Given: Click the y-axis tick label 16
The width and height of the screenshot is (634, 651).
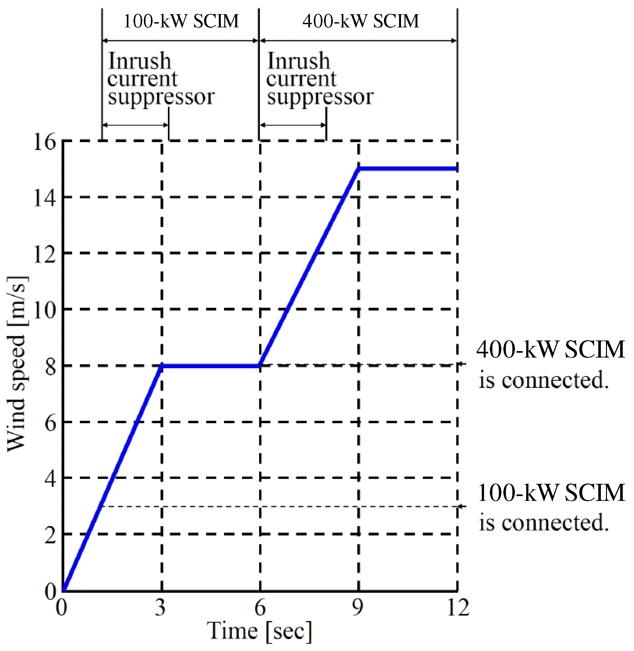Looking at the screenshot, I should click(45, 142).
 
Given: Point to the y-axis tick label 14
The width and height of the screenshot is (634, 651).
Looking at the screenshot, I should click(45, 198).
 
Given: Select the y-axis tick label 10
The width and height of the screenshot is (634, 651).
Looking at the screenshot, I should click(45, 310).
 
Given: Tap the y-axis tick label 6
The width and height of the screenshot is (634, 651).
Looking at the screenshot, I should click(50, 423).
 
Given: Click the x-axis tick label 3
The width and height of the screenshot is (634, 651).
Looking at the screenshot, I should click(160, 608).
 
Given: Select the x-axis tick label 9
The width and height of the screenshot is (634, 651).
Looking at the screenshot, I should click(358, 608).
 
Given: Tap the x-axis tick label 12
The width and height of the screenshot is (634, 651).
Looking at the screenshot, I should click(458, 608).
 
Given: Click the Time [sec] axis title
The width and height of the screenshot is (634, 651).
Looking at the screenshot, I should click(259, 631).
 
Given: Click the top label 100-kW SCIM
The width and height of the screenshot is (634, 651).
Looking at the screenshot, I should click(181, 21).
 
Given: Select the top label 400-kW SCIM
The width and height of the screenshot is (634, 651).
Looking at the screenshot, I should click(361, 21).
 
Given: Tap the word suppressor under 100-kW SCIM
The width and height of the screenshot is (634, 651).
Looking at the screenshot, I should click(161, 97).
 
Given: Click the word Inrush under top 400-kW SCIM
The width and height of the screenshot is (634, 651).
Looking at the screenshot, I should click(299, 61).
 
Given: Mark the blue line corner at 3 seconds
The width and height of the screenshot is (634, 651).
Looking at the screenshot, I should click(162, 366).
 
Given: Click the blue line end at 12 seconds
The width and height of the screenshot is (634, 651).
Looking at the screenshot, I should click(457, 169).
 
